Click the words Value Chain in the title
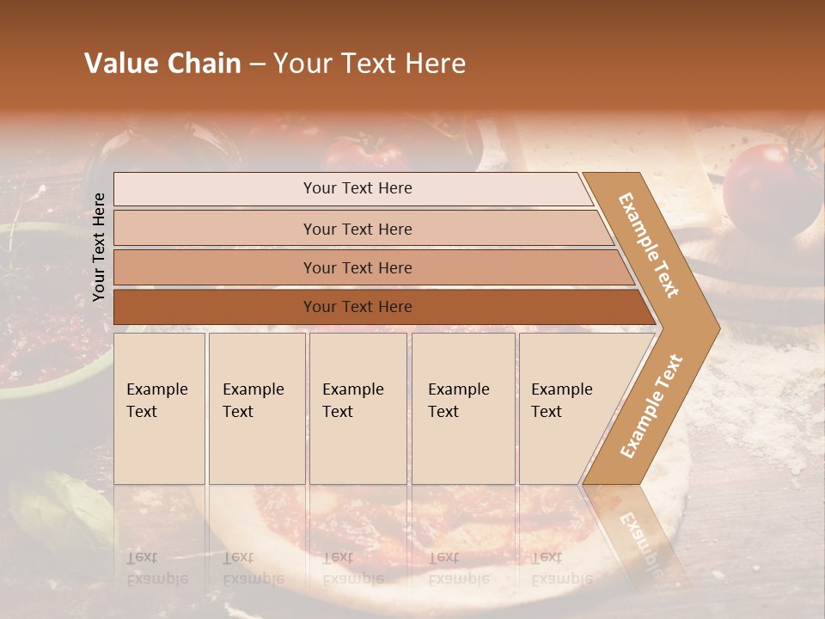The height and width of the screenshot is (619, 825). coord(162,64)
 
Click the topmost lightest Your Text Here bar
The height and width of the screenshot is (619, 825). coord(357,188)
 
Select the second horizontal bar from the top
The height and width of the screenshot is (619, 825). coord(357,229)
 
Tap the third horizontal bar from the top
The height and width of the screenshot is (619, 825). coord(357,267)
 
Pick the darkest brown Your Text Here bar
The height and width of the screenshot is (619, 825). coord(357,307)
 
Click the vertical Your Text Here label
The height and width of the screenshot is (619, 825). coord(99,247)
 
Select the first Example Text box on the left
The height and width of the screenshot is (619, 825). coord(159,408)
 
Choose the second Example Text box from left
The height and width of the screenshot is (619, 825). coord(256,408)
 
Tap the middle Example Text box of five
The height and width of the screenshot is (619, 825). coord(357,408)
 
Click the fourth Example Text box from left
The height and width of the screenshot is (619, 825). coord(462,408)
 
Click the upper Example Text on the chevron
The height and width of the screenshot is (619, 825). coord(650,245)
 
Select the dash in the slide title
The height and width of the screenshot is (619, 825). coord(257,64)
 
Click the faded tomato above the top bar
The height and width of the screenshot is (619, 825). coord(365,153)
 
